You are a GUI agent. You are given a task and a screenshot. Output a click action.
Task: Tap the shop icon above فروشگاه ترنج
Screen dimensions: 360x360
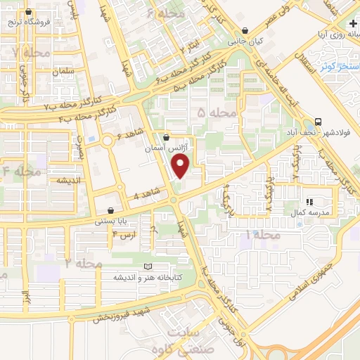click(x=28, y=13)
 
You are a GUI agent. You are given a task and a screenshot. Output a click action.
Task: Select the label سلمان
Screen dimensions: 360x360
click(x=58, y=72)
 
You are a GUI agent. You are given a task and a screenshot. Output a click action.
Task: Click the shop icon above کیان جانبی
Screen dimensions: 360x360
click(x=245, y=31)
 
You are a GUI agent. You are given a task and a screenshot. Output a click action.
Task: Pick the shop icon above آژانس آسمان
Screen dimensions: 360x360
click(x=166, y=137)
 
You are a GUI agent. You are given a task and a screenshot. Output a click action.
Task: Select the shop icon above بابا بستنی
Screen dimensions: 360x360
click(x=110, y=210)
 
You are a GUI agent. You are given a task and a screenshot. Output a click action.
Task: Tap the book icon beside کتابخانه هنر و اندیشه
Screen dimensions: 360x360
click(x=147, y=266)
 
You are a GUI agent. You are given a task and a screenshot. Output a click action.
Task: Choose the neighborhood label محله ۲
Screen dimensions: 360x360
click(x=84, y=262)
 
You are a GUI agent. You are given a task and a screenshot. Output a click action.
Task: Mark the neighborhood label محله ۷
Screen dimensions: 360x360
click(x=25, y=53)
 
